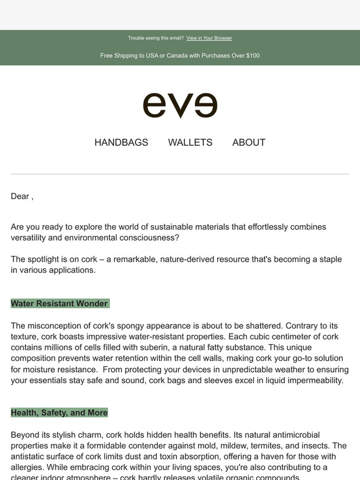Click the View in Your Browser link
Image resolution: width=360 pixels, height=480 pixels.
pyautogui.click(x=209, y=38)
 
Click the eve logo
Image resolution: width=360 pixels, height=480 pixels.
pyautogui.click(x=180, y=105)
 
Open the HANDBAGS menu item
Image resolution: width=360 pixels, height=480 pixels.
pyautogui.click(x=121, y=143)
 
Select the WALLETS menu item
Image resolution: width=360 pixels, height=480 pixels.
pyautogui.click(x=190, y=143)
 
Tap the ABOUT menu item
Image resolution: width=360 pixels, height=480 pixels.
pyautogui.click(x=249, y=143)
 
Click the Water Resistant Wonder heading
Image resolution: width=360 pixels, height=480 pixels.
pyautogui.click(x=60, y=304)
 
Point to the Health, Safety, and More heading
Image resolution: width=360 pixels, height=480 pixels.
pyautogui.click(x=60, y=412)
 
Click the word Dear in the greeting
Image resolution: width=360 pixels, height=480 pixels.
pyautogui.click(x=20, y=197)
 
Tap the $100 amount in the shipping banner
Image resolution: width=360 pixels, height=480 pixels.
pyautogui.click(x=253, y=56)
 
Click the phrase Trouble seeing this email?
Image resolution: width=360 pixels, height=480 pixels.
pyautogui.click(x=156, y=38)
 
